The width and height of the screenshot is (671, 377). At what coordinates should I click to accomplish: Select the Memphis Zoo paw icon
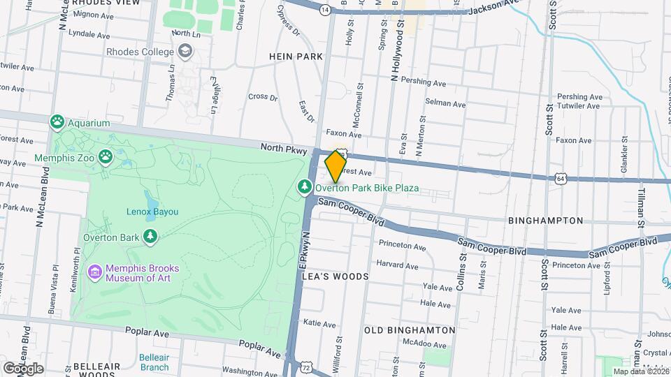click(106, 157)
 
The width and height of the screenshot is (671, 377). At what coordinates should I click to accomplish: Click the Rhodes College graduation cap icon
click(185, 52)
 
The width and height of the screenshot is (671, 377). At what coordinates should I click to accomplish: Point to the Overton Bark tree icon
click(150, 237)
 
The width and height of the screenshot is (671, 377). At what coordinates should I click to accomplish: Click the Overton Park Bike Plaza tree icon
click(305, 188)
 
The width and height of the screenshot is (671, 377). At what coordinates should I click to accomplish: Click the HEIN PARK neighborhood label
click(296, 57)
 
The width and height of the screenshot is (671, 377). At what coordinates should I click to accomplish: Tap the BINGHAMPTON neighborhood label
click(546, 221)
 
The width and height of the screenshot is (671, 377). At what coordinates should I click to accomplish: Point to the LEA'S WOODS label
click(335, 276)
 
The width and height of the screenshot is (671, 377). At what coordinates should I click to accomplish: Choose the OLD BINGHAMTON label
click(410, 330)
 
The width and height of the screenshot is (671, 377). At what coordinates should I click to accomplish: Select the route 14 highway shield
click(325, 10)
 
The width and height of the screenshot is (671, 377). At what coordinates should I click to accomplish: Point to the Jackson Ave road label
click(496, 9)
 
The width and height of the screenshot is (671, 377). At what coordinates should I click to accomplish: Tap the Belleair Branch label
click(154, 362)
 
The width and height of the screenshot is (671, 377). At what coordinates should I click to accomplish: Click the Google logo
click(23, 368)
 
